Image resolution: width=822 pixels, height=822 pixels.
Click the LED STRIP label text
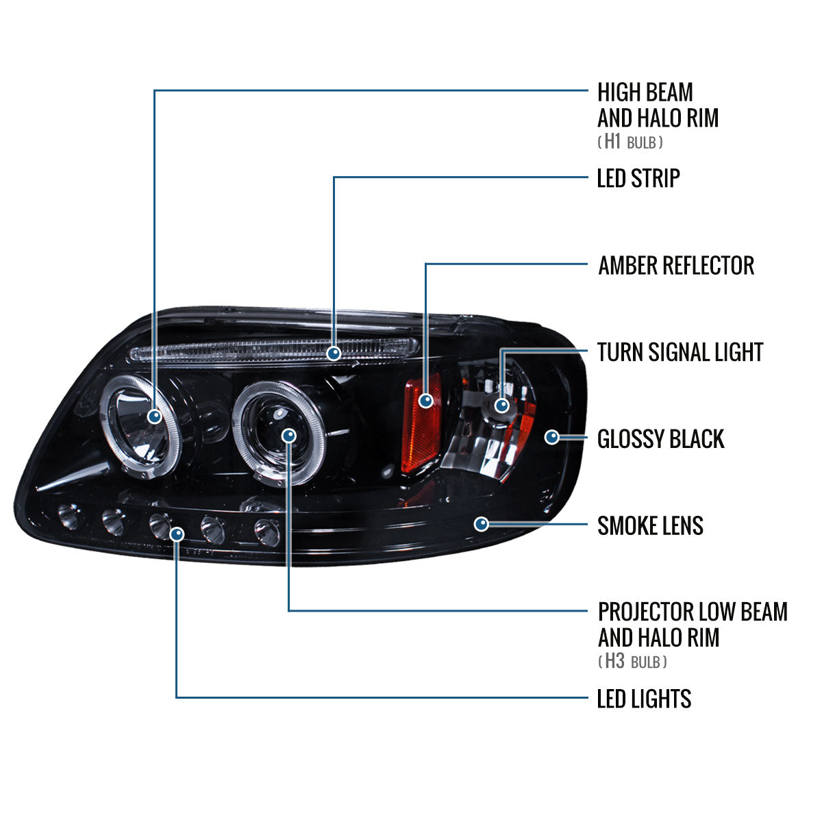(638, 178)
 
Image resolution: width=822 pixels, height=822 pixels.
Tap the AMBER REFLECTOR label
(675, 265)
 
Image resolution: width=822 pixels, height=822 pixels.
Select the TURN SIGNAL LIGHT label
(680, 352)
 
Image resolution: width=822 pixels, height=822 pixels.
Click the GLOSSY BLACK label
(660, 439)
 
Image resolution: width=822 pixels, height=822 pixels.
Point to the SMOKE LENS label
(650, 526)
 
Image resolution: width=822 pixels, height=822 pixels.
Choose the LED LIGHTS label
(644, 699)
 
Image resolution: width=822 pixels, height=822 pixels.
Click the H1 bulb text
(630, 142)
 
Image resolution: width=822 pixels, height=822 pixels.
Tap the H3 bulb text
(632, 662)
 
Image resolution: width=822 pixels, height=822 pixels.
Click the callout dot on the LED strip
(334, 353)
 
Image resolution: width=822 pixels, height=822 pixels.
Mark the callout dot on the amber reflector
(425, 401)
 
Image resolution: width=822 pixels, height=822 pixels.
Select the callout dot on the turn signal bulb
(502, 405)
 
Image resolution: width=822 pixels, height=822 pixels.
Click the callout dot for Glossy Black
(552, 436)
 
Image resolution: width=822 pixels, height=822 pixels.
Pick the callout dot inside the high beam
(155, 415)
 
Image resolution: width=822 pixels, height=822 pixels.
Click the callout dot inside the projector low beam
(288, 436)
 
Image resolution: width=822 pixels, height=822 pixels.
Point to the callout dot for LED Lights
(177, 533)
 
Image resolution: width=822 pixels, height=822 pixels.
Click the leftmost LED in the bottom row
(68, 515)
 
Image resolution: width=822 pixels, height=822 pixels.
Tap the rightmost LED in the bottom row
(267, 531)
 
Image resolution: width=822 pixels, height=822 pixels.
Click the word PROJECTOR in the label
(645, 611)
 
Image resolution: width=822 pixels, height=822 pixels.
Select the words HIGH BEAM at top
(645, 92)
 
